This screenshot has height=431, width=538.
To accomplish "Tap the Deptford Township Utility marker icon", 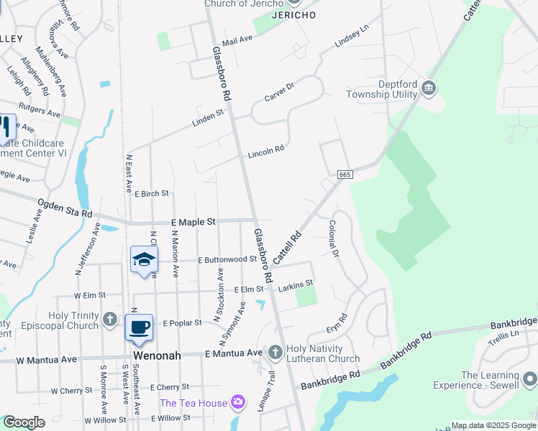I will pos(429,89).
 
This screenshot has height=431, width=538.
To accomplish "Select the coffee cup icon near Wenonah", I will pos(139,327).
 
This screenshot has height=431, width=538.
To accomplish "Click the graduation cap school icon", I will pos(144,259).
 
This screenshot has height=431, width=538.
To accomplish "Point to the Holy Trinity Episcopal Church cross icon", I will pos(109,318).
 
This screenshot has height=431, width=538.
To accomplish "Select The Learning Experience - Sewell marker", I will pos(529,378).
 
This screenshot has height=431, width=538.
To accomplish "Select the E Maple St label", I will pos(193,223).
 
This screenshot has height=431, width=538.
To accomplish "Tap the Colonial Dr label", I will pos(332,238).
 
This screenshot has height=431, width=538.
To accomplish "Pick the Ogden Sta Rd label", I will pos(65,209).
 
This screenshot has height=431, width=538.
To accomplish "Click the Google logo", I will pos(23,422).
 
